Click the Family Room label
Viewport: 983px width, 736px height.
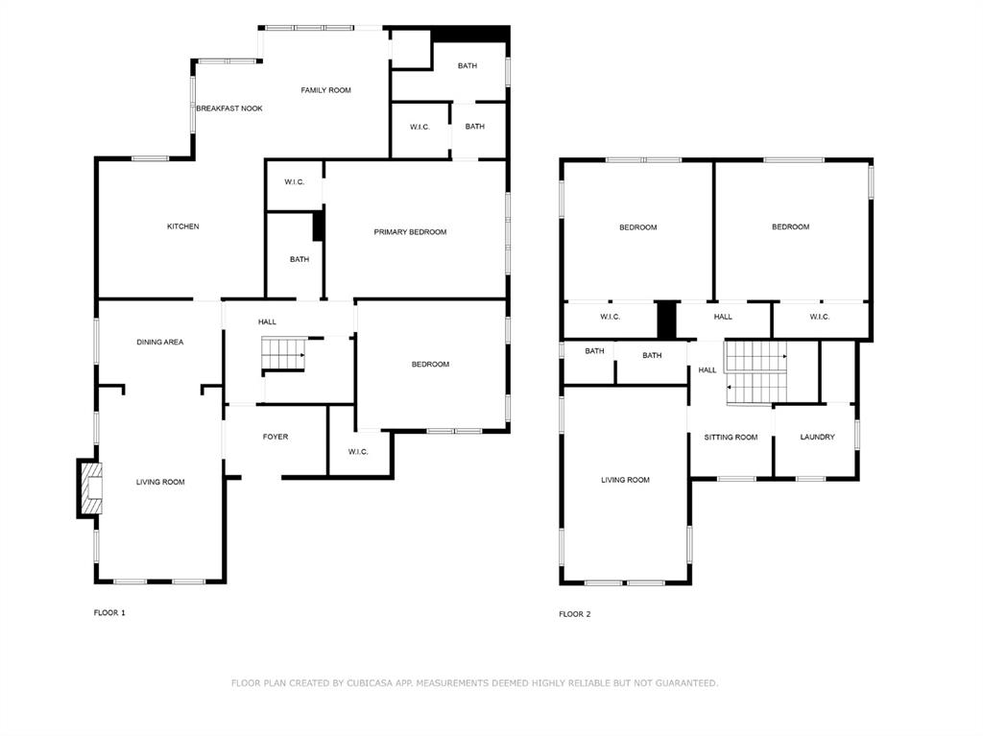[x=325, y=90]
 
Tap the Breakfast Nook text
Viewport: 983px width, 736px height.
[x=229, y=108]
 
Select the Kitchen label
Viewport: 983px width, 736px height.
[x=183, y=226]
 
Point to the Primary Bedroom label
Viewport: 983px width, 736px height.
[x=410, y=232]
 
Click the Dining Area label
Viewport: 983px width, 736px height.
[x=159, y=343]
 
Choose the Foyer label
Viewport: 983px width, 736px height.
[x=276, y=438]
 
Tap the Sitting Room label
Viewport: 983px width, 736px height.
[x=731, y=438]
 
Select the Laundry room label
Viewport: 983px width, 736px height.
[x=817, y=438]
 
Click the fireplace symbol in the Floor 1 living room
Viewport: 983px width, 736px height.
[x=89, y=489]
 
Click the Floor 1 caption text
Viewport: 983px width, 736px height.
[x=109, y=612]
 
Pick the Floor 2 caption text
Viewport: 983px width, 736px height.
[x=575, y=614]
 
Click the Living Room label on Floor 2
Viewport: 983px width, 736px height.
[x=625, y=480]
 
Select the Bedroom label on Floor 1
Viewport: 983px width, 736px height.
[x=430, y=365]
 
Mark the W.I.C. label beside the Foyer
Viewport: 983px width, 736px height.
[x=358, y=452]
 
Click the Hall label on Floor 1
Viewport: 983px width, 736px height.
[x=267, y=321]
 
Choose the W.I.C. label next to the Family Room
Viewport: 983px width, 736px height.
[x=420, y=127]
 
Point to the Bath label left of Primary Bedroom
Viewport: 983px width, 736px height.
[x=300, y=259]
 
